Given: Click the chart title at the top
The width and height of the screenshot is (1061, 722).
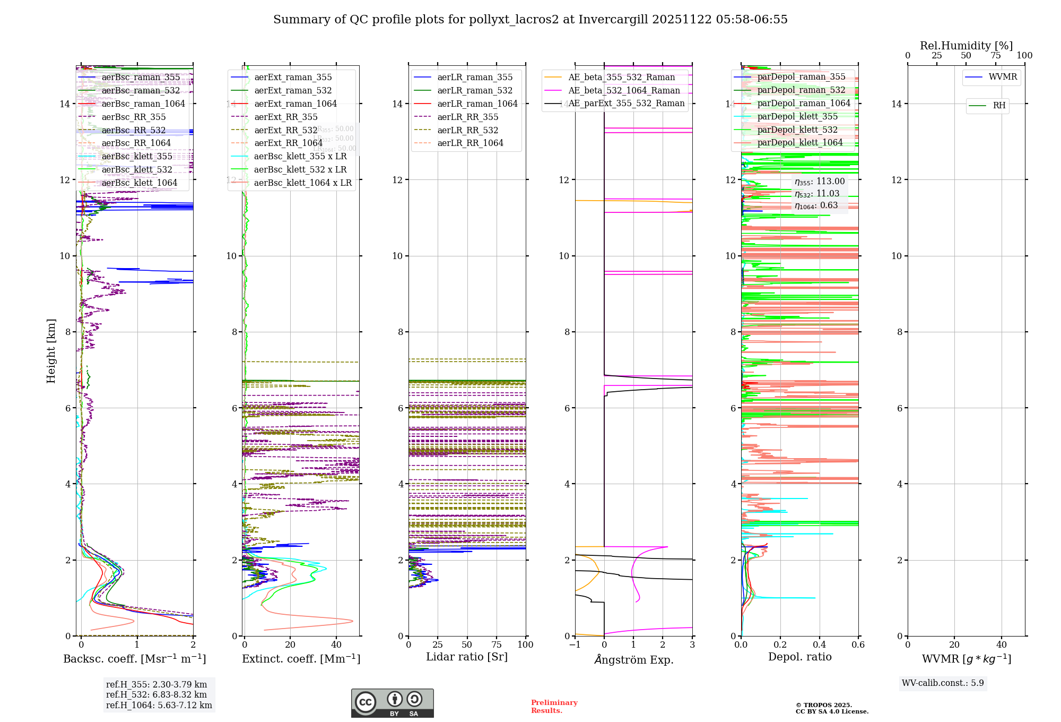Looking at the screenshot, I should [530, 20].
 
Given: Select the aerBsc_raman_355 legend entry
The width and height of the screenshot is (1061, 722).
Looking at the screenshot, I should [141, 78].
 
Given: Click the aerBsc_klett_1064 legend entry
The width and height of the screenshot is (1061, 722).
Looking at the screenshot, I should [139, 183].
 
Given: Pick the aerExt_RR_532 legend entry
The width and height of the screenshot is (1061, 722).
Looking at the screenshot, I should [285, 131].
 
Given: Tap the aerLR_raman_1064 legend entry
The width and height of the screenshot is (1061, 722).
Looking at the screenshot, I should [477, 104].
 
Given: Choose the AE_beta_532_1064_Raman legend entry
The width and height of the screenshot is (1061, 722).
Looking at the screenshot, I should [624, 91].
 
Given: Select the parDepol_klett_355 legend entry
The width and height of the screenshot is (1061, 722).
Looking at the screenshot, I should [797, 117].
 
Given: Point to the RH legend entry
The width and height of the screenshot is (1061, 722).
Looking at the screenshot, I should [999, 106].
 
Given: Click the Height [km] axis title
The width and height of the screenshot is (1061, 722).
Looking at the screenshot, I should [51, 350].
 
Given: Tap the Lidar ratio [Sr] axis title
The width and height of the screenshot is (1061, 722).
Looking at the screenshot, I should [467, 657].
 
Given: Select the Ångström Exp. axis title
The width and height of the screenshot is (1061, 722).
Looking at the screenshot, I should [633, 660].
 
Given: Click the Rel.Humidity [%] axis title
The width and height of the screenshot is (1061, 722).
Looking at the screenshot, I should [966, 46].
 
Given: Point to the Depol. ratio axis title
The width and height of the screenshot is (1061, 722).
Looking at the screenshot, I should [799, 657].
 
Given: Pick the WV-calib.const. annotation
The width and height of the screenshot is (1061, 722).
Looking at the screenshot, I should [943, 683].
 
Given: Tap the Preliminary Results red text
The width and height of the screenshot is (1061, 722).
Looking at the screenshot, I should [554, 707].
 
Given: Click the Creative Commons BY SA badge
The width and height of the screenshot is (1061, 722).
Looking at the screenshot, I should [392, 703].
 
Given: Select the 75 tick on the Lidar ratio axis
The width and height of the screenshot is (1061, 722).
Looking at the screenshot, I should [497, 645].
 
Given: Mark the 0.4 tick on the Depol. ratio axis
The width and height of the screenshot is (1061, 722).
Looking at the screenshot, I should [819, 645].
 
